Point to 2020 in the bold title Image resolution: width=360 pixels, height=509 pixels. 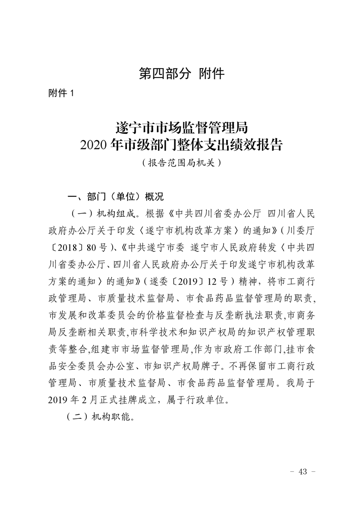pos(94,145)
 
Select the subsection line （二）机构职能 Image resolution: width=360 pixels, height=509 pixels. pos(100,416)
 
